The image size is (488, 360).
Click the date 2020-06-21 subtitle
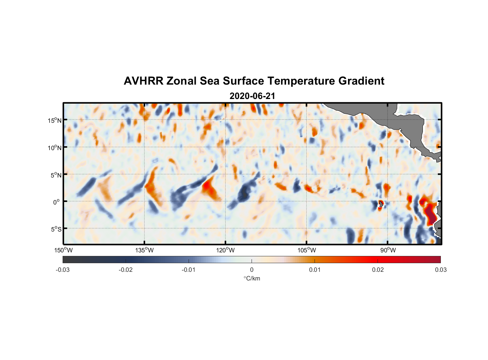click(252, 96)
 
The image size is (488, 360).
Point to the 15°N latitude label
click(55, 120)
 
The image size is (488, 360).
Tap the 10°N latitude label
click(55, 148)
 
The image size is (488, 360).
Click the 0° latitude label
click(57, 202)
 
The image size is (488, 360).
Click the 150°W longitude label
click(63, 250)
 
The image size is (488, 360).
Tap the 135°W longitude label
click(144, 250)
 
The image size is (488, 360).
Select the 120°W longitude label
click(225, 250)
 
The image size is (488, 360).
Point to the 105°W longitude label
click(307, 250)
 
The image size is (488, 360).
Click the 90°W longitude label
click(388, 250)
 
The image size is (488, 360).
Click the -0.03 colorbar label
click(63, 270)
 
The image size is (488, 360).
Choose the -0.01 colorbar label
click(189, 270)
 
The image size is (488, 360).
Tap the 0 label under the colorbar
click(252, 270)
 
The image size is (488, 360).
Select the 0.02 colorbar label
click(378, 270)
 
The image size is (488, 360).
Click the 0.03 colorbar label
click(440, 270)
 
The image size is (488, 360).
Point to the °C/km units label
click(252, 278)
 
